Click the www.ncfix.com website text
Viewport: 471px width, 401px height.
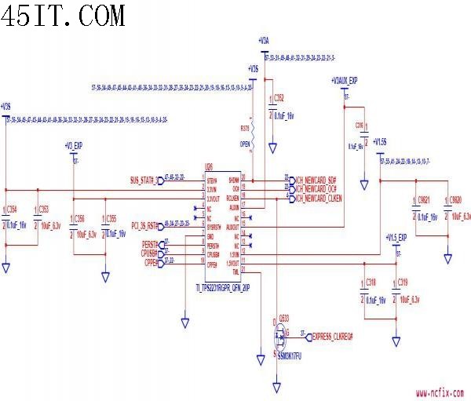pyautogui.click(x=439, y=393)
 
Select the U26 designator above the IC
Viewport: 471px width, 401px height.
pyautogui.click(x=209, y=166)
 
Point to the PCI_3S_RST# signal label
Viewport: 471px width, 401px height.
pyautogui.click(x=145, y=224)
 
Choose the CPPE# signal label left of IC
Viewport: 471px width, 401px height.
pyautogui.click(x=152, y=263)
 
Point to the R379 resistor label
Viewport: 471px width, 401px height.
pyautogui.click(x=245, y=127)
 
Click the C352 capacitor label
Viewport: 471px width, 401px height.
pyautogui.click(x=278, y=97)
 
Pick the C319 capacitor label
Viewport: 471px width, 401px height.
pyautogui.click(x=403, y=282)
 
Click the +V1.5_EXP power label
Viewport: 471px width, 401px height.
pyautogui.click(x=396, y=237)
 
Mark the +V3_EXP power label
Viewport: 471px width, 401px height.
pyautogui.click(x=74, y=146)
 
